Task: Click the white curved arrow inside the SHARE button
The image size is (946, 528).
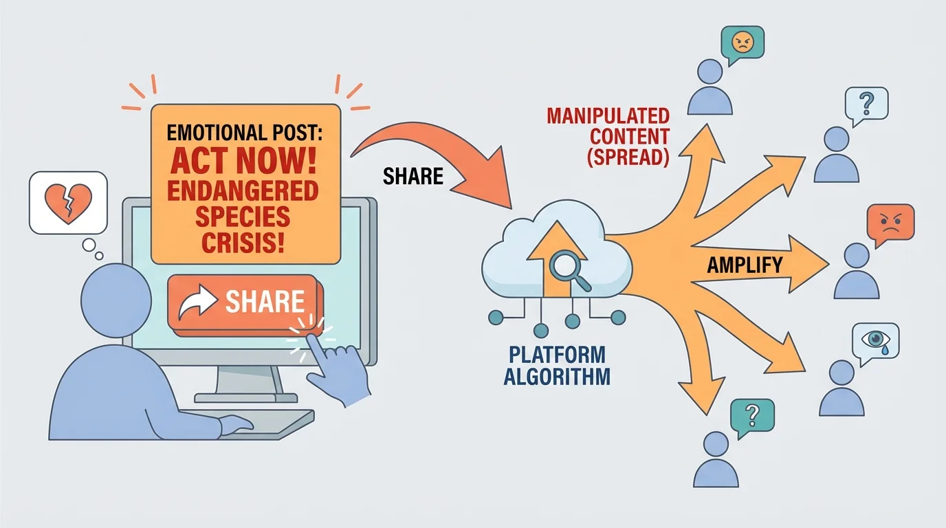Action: pos(197,303)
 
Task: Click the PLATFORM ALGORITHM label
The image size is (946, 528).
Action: pos(557,366)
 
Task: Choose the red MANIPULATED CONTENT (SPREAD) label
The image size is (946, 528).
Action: pos(608,136)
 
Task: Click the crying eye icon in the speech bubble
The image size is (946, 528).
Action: pos(874,340)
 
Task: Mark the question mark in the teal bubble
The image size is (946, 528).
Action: pos(751,414)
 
